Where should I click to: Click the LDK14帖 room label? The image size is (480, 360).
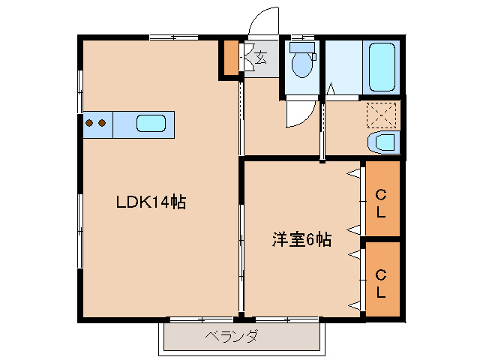click(x=150, y=202)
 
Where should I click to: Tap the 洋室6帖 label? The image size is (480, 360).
click(x=301, y=240)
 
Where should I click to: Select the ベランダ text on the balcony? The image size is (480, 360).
click(x=232, y=336)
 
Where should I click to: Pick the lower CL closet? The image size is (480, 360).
click(x=382, y=280)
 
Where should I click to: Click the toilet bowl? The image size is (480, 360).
click(x=302, y=65)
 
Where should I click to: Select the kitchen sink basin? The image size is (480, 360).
click(x=151, y=123)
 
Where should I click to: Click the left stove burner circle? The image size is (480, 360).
click(x=90, y=123)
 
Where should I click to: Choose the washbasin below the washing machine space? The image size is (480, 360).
click(x=383, y=142)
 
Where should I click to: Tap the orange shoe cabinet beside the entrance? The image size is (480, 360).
click(x=228, y=58)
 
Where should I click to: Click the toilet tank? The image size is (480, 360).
click(x=302, y=46)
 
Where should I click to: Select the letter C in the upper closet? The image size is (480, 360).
click(x=381, y=195)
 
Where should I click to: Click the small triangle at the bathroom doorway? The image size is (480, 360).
click(x=331, y=94)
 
